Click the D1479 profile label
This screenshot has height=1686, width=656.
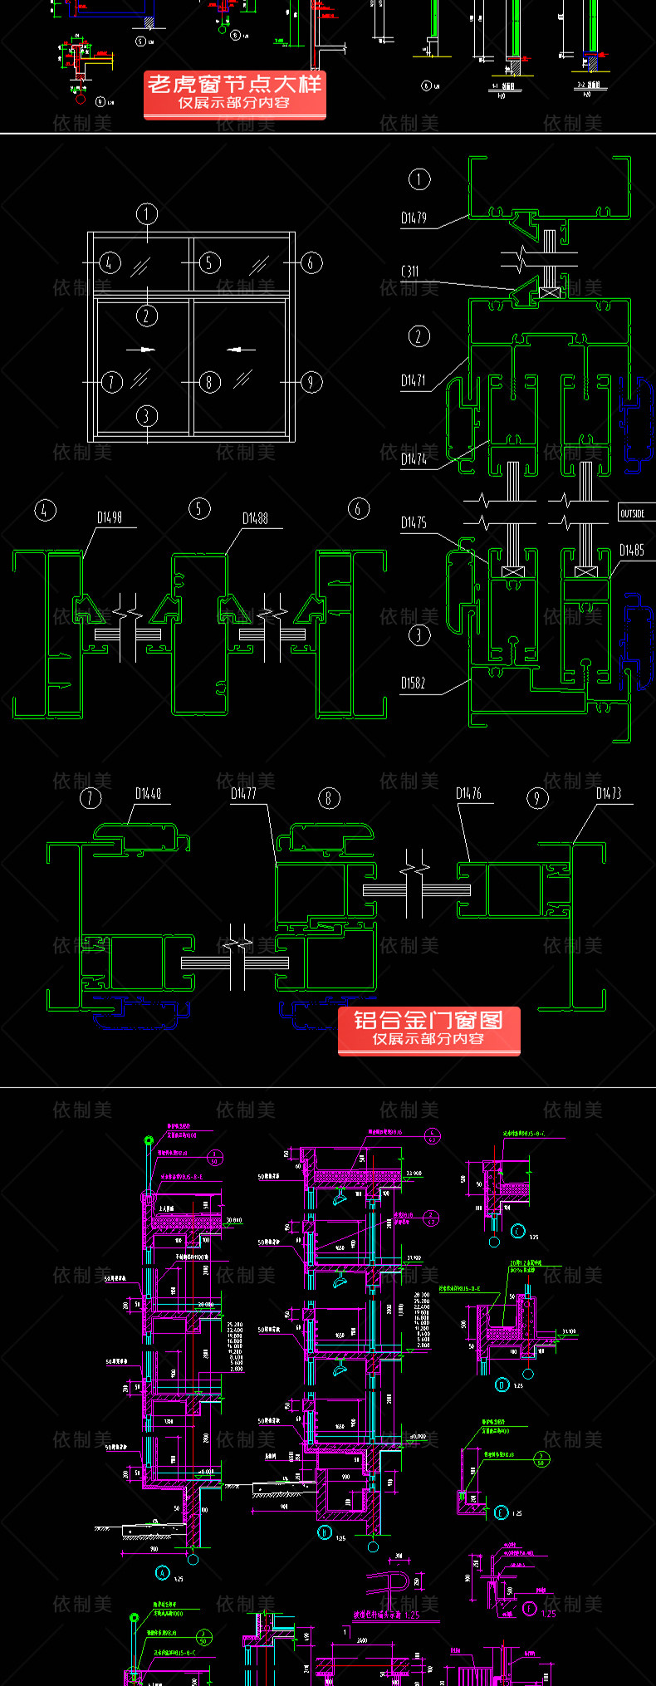[414, 218]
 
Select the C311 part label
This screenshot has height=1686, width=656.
[410, 272]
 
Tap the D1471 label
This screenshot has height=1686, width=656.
[414, 380]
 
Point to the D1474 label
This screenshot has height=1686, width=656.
[414, 458]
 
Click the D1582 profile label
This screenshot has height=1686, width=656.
[413, 683]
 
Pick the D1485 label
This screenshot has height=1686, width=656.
[631, 550]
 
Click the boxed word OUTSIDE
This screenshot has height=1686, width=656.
[633, 513]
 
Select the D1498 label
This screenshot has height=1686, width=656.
[110, 517]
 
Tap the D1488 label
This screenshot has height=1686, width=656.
[255, 518]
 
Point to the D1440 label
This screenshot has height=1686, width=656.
[148, 793]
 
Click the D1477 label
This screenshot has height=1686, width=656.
[243, 793]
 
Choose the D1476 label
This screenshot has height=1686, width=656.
[468, 793]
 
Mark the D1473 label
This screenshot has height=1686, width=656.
[608, 793]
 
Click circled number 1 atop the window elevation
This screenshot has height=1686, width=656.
[147, 214]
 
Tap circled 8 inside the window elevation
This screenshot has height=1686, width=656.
[209, 382]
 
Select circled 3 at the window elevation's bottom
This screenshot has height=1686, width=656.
[147, 415]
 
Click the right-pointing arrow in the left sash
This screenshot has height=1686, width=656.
[145, 350]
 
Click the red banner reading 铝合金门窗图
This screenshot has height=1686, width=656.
[428, 1029]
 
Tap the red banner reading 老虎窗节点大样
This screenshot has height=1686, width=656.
[235, 93]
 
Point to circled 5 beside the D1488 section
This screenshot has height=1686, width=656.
[199, 509]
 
